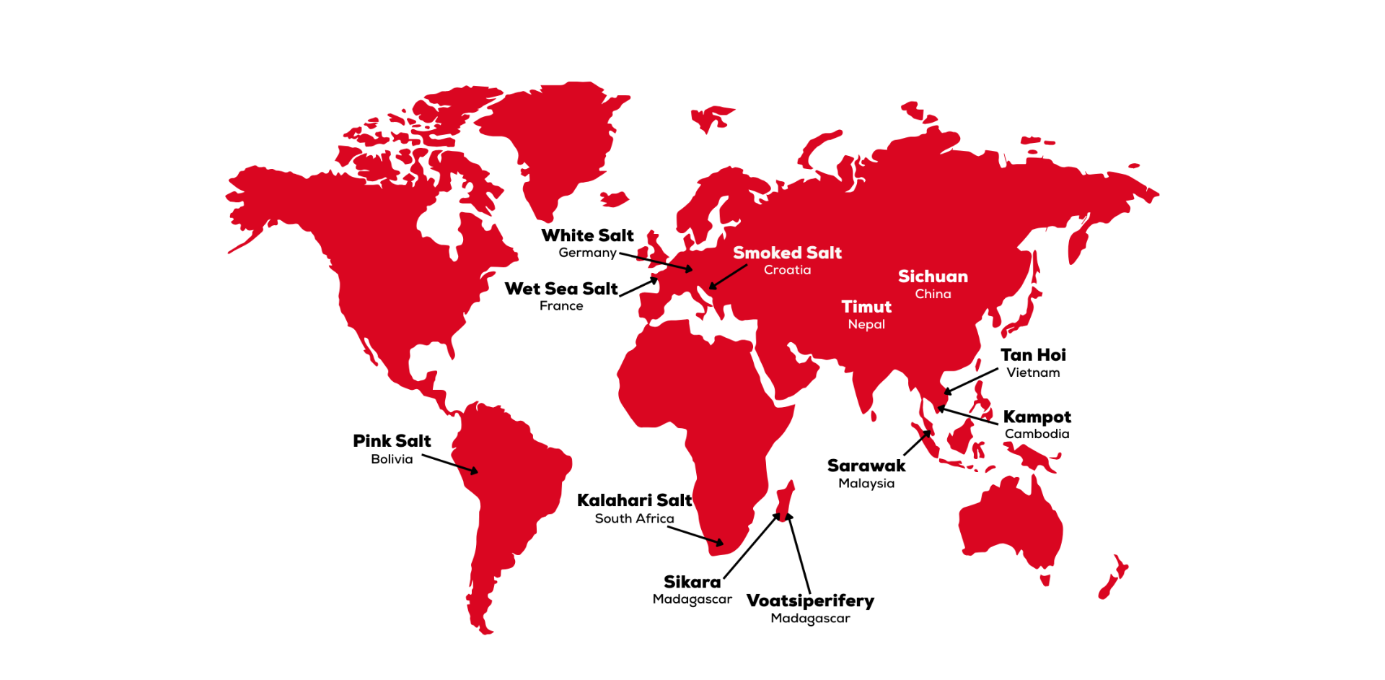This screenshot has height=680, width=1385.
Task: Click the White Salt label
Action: pos(587,235)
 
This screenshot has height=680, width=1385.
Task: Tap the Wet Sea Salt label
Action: pos(560,289)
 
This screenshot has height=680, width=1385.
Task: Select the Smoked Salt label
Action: pos(787,253)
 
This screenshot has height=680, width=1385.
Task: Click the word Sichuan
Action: pos(933,276)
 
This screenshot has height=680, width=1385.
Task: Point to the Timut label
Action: pos(866,307)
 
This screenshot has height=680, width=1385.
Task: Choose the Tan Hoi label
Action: pos(1033,355)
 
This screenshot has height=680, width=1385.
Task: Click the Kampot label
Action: pos(1037,417)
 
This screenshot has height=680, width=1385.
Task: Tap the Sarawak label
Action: pos(866,466)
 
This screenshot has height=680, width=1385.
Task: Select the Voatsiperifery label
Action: pos(810,601)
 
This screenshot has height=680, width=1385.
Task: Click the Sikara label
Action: pos(692,582)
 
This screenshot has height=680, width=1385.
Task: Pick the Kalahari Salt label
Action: pos(634,500)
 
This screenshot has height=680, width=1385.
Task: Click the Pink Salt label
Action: pos(392,441)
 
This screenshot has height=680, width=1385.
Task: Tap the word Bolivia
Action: pos(392,459)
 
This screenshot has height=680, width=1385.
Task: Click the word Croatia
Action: pos(787,270)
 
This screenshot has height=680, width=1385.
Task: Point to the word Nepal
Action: pos(866,324)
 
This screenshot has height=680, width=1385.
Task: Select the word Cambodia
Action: pos(1037,434)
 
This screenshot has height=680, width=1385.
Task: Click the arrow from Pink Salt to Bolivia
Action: pos(449,463)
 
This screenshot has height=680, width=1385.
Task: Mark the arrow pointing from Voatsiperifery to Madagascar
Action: pos(799,554)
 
